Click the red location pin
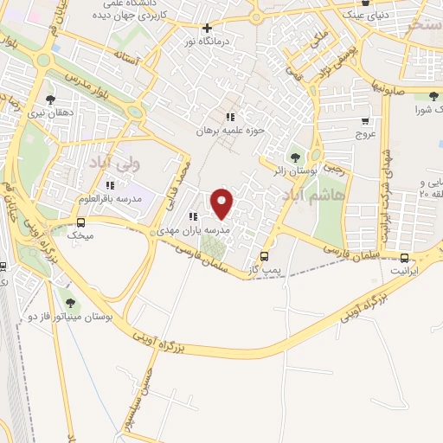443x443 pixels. (x=223, y=203)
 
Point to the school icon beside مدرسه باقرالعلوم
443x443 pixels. (x=110, y=185)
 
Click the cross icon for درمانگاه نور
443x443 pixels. (x=207, y=28)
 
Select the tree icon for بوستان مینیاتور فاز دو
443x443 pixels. (x=70, y=302)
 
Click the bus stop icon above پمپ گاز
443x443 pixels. (x=264, y=256)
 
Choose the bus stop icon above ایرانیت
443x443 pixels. (x=405, y=257)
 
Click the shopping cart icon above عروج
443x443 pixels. (x=365, y=121)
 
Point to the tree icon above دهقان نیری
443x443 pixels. (x=49, y=100)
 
